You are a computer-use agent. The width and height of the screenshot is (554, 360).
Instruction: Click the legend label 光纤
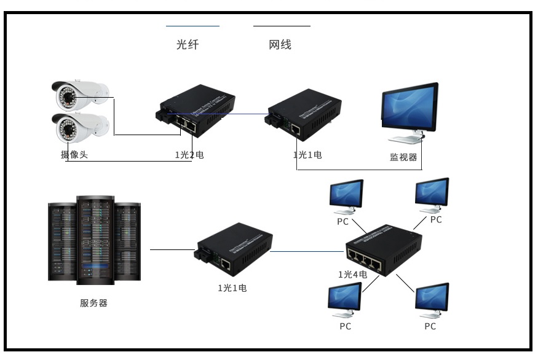(x=188, y=45)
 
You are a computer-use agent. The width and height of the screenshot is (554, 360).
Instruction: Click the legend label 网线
(x=280, y=45)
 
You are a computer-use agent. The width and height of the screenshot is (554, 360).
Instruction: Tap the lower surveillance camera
(x=79, y=127)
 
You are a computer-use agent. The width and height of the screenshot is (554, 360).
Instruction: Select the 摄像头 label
(x=74, y=155)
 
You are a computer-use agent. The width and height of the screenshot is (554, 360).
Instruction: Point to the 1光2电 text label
(x=189, y=155)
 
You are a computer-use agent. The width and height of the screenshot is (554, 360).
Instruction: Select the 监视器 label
(x=403, y=157)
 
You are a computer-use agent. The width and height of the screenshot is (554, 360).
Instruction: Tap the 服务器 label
(x=93, y=303)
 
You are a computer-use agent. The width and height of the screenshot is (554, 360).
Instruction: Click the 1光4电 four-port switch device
(x=381, y=249)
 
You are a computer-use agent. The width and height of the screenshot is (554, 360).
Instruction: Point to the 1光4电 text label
(x=352, y=275)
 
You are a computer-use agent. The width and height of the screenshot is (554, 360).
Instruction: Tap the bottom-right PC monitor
(x=432, y=299)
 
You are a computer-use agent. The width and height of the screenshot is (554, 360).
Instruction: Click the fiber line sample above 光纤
(x=192, y=26)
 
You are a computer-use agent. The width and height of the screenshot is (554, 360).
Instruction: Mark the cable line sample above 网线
(x=282, y=26)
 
